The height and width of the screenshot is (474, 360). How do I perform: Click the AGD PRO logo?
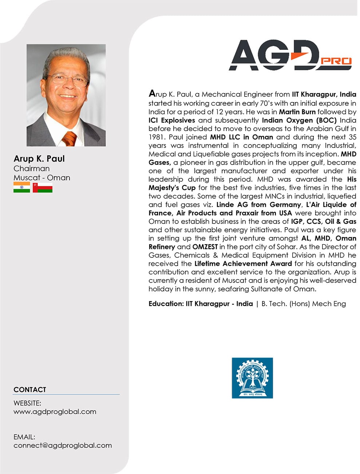tap(290, 55)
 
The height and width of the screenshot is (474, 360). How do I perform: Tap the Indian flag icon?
tap(21, 187)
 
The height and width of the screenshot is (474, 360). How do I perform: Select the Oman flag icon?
tap(43, 187)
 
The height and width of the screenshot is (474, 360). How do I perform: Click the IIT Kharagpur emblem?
tap(252, 378)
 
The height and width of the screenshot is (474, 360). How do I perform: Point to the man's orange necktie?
tap(69, 138)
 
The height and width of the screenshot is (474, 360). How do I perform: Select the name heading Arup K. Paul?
tap(39, 159)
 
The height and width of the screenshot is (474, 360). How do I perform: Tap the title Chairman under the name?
tap(31, 169)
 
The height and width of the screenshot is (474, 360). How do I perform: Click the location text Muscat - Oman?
tap(41, 178)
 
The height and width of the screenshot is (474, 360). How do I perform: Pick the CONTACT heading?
tap(30, 390)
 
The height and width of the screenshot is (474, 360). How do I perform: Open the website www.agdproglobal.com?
tap(55, 412)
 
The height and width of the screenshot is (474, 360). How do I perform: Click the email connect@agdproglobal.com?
tap(63, 445)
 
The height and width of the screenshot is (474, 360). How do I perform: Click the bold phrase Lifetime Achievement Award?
tap(243, 264)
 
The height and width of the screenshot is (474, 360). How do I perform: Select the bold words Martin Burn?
tap(297, 112)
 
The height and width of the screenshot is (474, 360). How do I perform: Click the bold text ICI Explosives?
tap(172, 120)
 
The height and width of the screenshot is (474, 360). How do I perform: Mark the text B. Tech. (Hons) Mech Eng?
tap(304, 304)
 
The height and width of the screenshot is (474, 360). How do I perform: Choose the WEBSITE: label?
tap(27, 403)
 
